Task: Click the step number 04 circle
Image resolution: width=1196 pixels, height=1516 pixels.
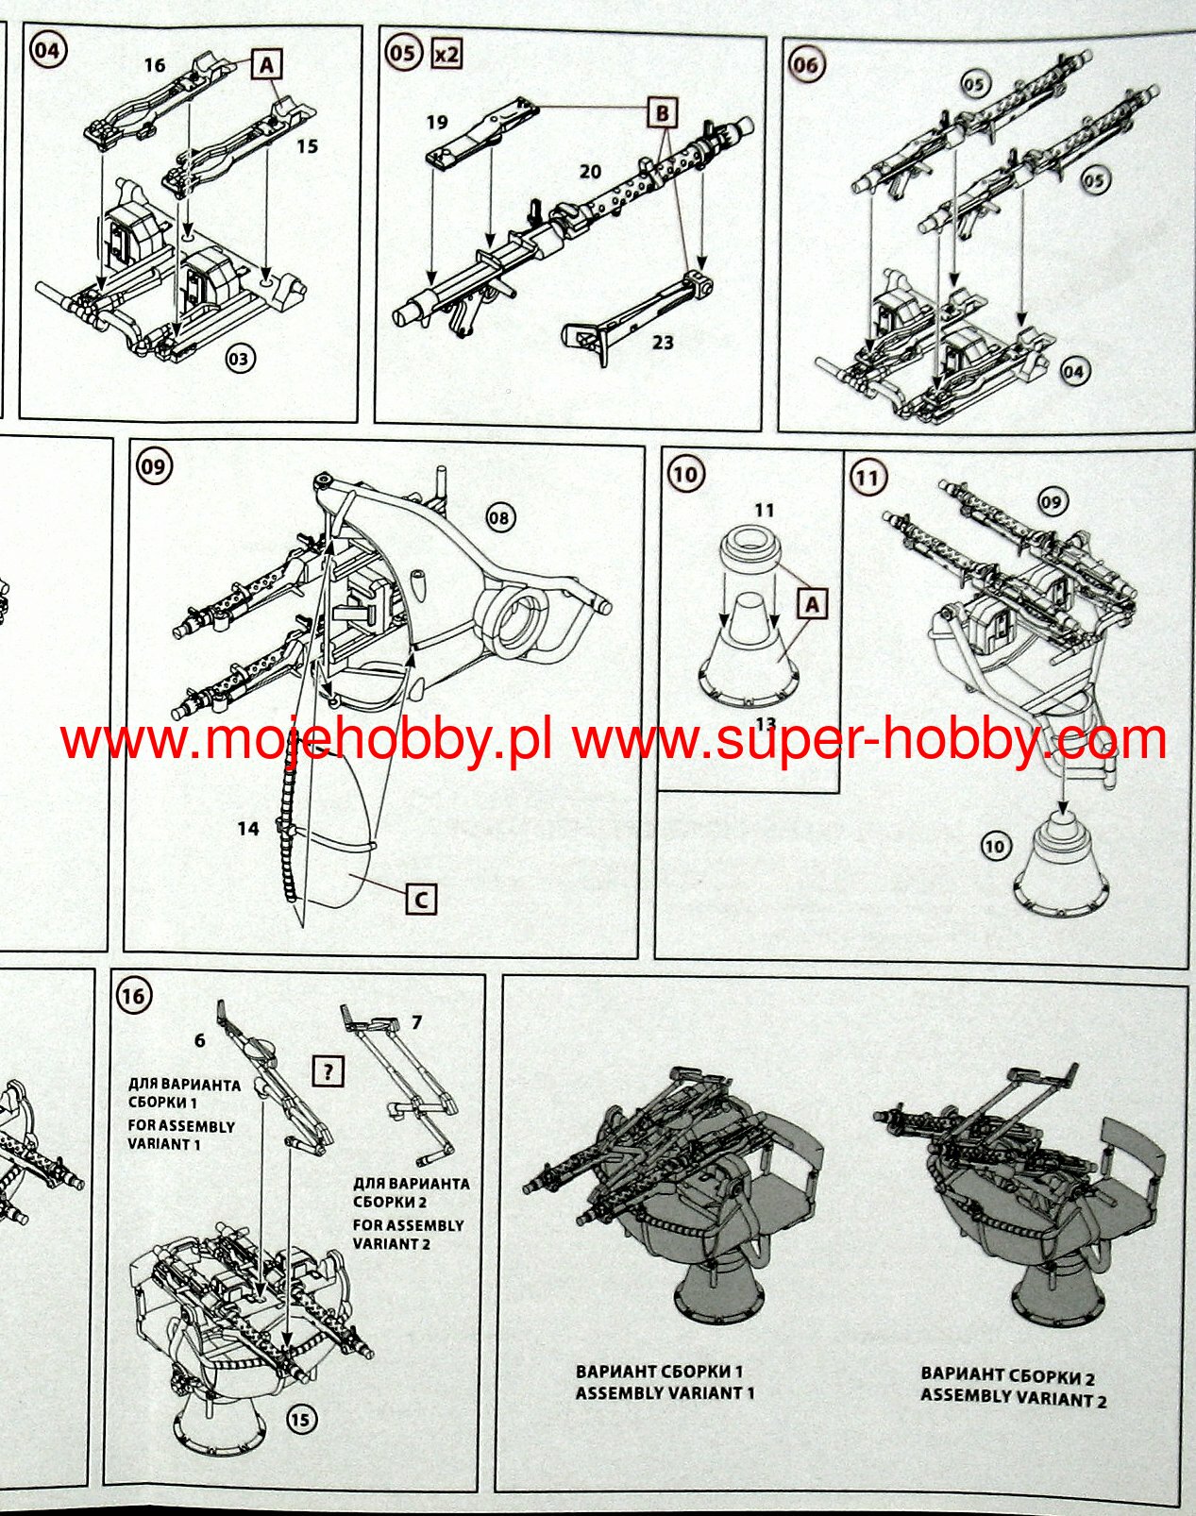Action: tap(46, 50)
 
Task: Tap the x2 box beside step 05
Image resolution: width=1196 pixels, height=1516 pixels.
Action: tap(446, 54)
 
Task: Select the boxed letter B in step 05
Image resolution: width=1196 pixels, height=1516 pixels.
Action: tap(663, 113)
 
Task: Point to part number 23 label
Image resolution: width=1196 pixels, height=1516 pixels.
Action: tap(663, 342)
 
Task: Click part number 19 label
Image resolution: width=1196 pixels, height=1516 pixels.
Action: tap(436, 123)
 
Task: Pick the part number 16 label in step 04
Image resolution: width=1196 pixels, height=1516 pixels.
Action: tap(155, 65)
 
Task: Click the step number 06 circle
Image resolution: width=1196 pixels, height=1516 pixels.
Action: tap(806, 65)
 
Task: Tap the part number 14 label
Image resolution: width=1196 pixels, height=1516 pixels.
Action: tap(247, 829)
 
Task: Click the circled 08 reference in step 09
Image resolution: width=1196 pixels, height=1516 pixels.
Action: tap(500, 517)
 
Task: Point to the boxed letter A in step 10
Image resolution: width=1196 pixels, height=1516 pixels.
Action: tap(813, 603)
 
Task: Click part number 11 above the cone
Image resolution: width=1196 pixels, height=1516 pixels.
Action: tap(764, 511)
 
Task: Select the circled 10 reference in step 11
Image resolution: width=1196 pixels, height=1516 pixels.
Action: tap(995, 847)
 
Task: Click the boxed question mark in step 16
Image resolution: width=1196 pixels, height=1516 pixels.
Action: tap(328, 1071)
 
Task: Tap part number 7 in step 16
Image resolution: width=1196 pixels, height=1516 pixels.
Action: tap(417, 1022)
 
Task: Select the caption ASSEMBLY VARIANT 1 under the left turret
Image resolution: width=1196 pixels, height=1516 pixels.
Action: tap(665, 1392)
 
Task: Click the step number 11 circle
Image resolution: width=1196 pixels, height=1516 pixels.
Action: tap(867, 478)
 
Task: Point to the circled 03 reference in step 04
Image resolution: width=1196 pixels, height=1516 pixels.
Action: tap(241, 359)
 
